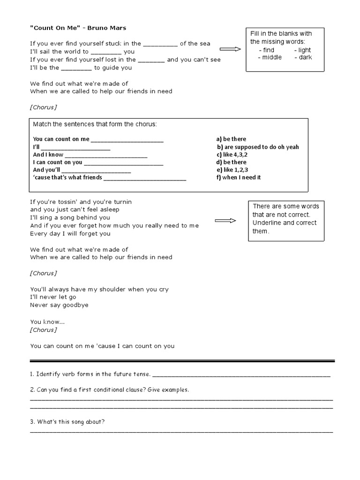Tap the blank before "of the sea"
tap(160, 44)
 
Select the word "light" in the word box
tap(304, 50)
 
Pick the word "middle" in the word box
tap(272, 57)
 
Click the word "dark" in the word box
tap(305, 57)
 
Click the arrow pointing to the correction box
tap(225, 221)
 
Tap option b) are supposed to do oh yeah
tap(257, 147)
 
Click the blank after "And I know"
tap(106, 155)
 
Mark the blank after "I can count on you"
tap(124, 162)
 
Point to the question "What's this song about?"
tap(67, 421)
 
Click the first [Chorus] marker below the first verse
tap(44, 107)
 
